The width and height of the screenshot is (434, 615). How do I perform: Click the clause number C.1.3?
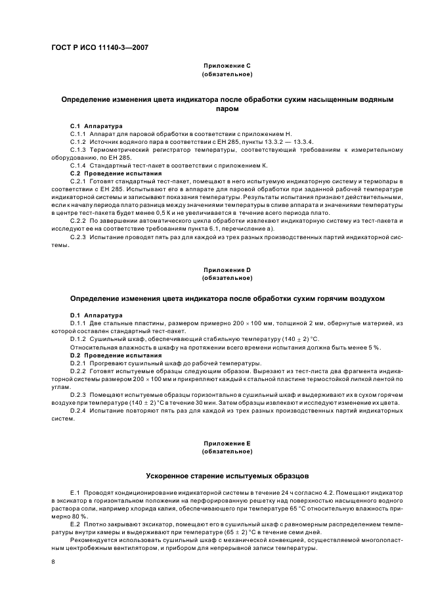click(x=78, y=150)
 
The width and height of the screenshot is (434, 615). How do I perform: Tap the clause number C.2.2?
click(x=78, y=221)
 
